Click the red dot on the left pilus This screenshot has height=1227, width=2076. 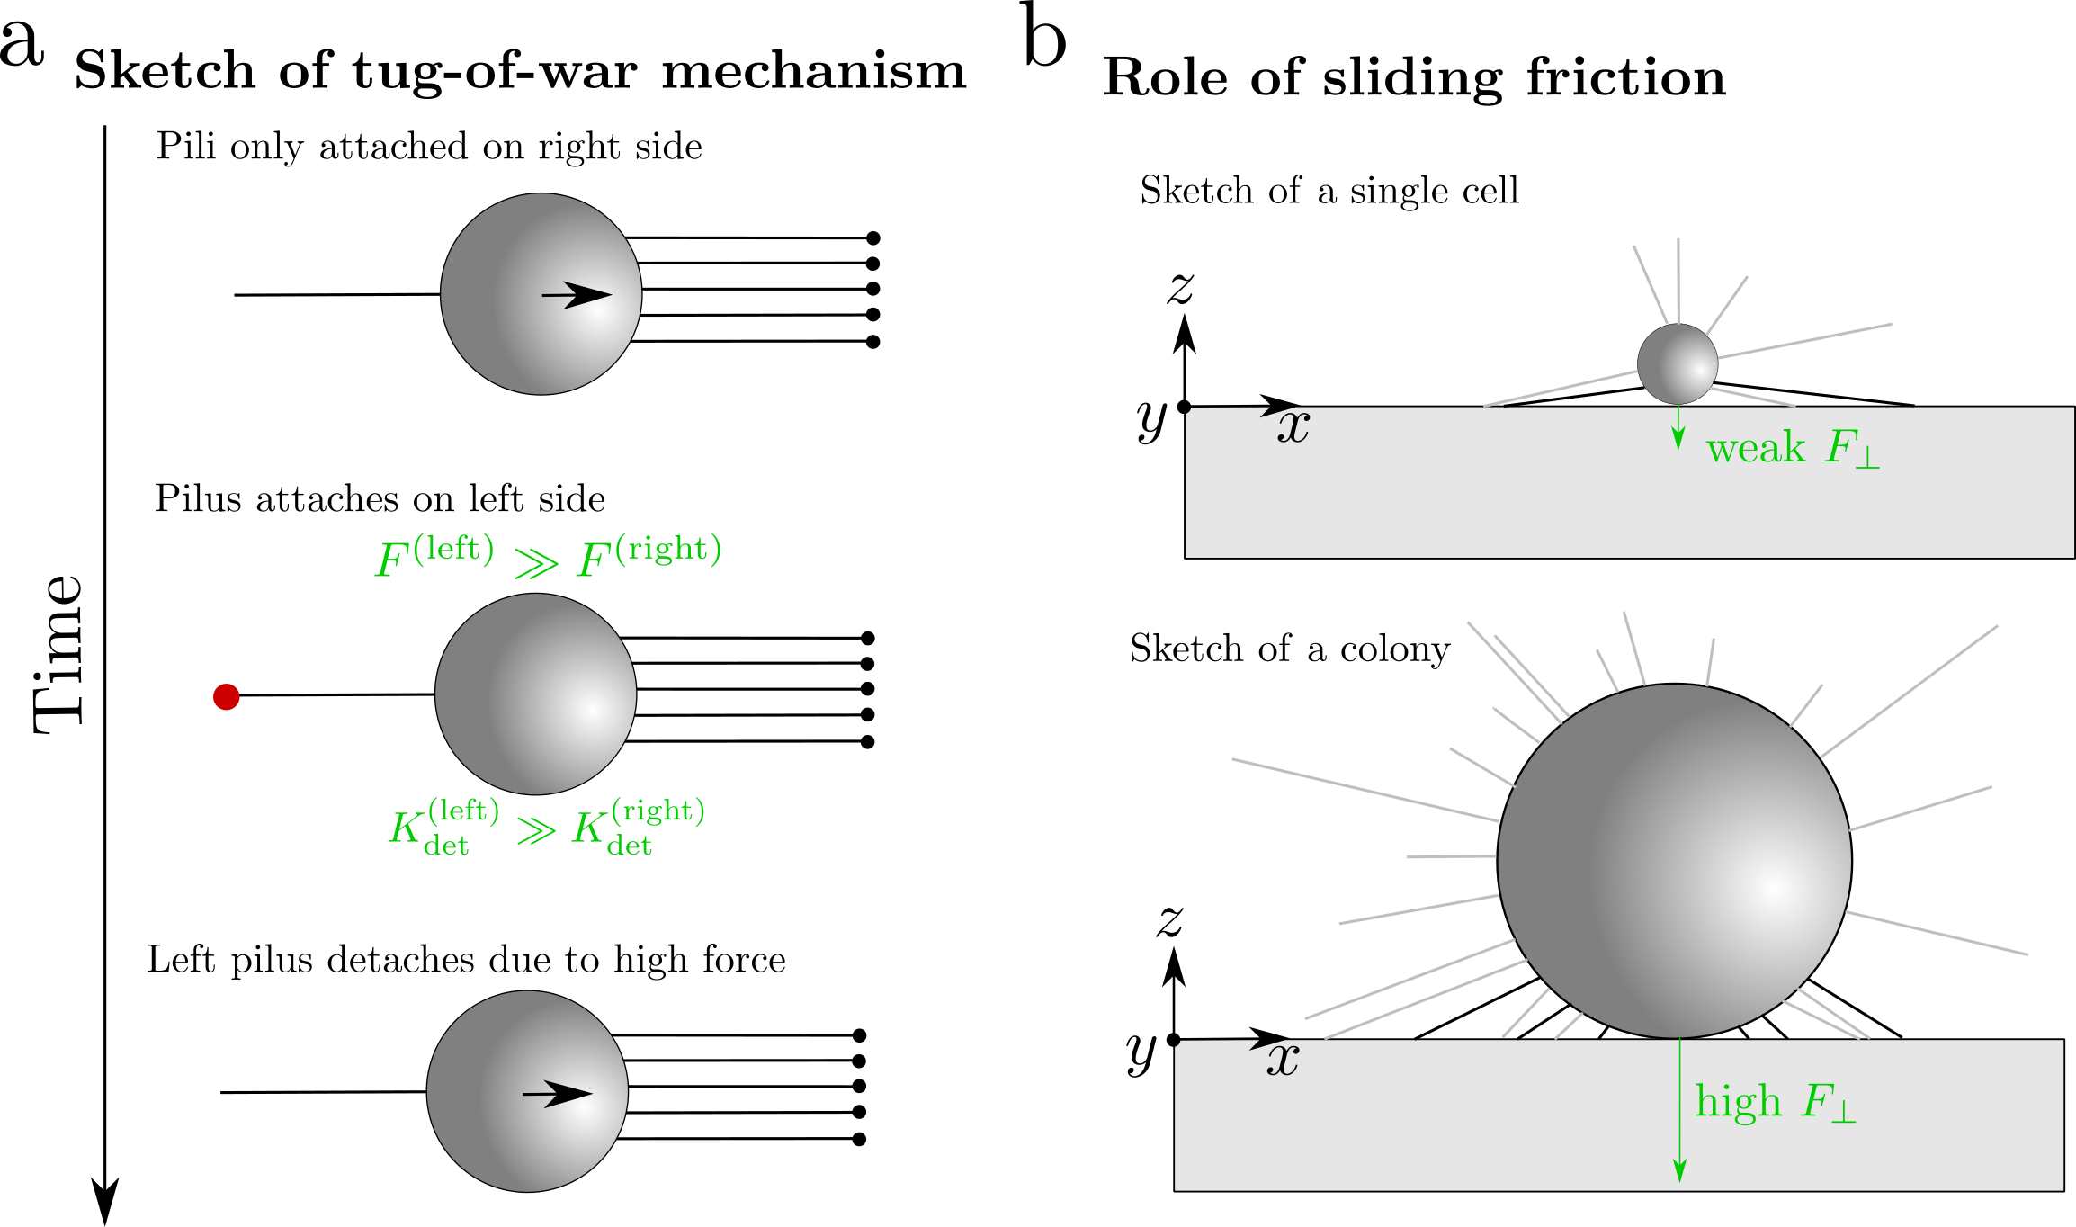coord(226,696)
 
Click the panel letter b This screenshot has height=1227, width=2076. coord(1045,38)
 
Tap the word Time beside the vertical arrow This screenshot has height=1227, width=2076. coord(59,654)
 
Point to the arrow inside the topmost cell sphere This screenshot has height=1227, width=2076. coord(577,294)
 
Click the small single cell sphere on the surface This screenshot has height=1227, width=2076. coord(1677,364)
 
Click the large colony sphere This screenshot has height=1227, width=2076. coord(1674,861)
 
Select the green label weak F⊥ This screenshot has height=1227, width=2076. coord(1792,448)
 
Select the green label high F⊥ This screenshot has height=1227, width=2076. coord(1775,1102)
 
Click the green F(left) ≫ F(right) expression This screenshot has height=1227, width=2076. coord(548,558)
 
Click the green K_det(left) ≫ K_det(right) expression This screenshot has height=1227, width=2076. coord(546,826)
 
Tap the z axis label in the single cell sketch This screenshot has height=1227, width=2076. coord(1180,288)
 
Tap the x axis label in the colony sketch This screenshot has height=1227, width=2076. coord(1283,1060)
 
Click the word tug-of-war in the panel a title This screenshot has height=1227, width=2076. coord(496,72)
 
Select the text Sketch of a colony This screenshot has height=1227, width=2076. coord(1289,649)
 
